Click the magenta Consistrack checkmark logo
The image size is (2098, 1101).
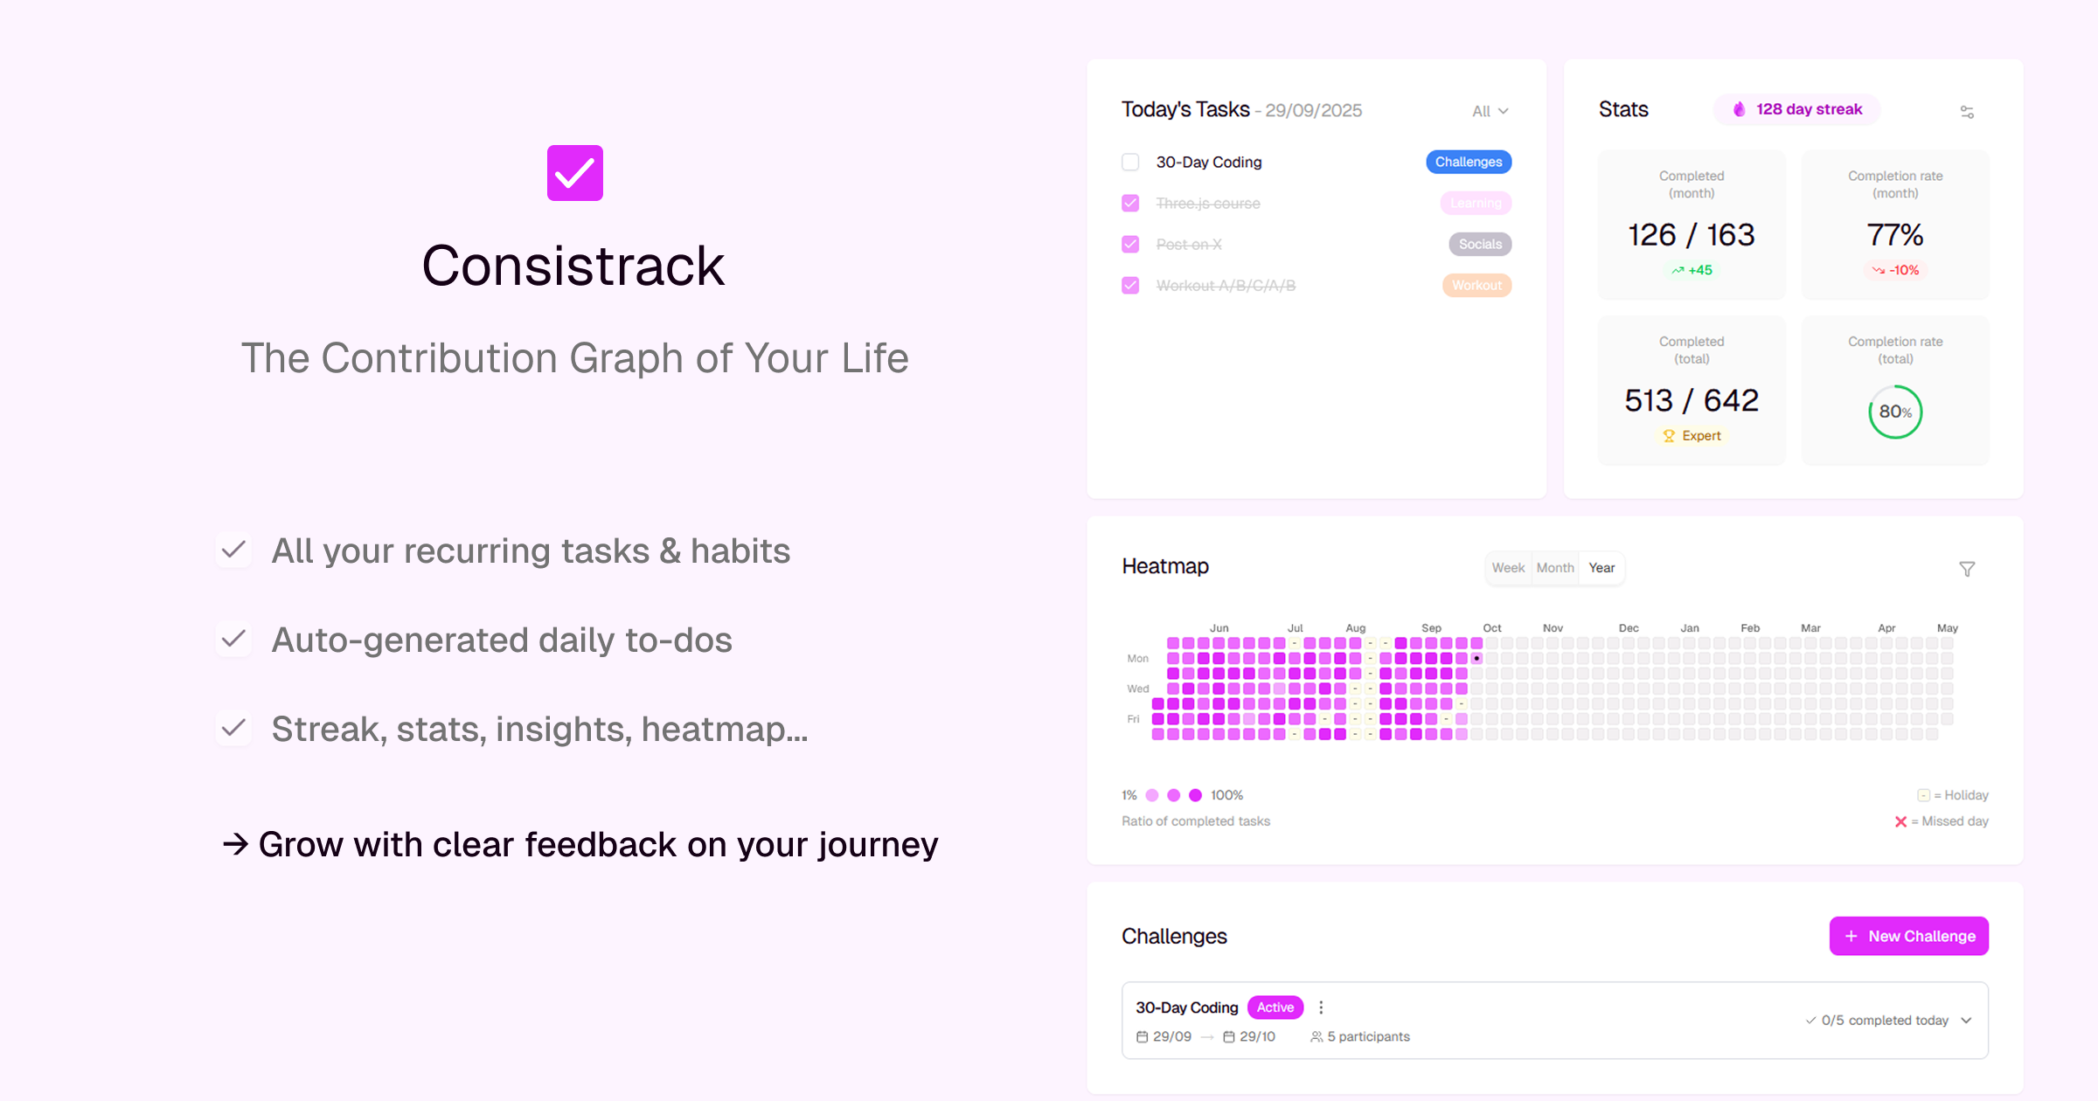click(574, 173)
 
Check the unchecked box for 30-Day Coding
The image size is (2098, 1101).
click(1130, 162)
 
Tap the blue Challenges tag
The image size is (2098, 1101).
click(1469, 162)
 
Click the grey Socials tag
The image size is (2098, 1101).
click(1480, 244)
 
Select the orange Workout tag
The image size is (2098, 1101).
click(1476, 285)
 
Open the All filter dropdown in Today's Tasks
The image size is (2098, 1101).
click(1490, 111)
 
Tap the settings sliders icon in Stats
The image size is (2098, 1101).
click(1967, 112)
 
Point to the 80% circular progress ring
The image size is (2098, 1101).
click(1895, 412)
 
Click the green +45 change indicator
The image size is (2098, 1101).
click(1692, 270)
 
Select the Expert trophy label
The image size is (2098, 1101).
click(1692, 435)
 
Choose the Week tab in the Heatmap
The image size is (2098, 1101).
click(1508, 568)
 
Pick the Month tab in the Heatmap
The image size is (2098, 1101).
click(1555, 568)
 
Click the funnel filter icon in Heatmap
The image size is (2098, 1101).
click(1967, 569)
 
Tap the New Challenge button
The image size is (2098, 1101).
click(1909, 936)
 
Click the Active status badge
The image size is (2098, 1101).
click(1275, 1008)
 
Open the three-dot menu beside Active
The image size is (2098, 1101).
click(1321, 1008)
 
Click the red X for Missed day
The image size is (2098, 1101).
click(1900, 821)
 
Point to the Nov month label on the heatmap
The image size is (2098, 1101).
click(1553, 628)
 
